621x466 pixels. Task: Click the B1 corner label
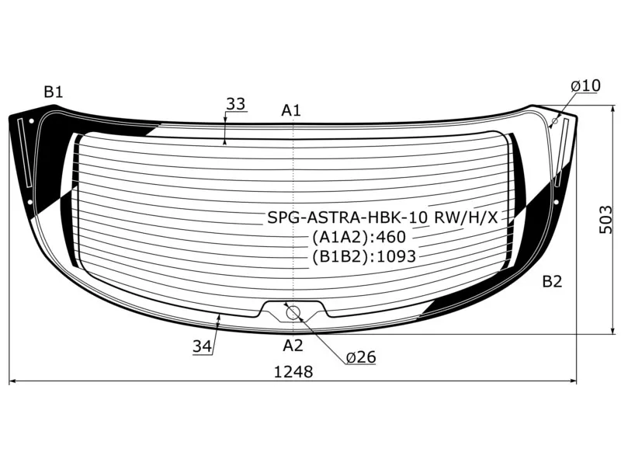click(53, 92)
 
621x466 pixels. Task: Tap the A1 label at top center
click(291, 110)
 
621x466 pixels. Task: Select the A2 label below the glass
click(292, 345)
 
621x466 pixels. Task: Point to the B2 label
click(551, 281)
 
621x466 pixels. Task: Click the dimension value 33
click(235, 103)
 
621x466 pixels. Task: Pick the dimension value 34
click(203, 347)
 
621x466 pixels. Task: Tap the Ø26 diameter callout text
click(360, 357)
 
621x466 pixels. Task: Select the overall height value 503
click(606, 220)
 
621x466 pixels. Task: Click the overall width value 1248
click(293, 372)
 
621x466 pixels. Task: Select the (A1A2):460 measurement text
click(359, 237)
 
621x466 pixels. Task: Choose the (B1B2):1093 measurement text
click(364, 256)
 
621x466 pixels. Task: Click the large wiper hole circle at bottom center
click(293, 313)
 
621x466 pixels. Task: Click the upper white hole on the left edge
click(31, 121)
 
